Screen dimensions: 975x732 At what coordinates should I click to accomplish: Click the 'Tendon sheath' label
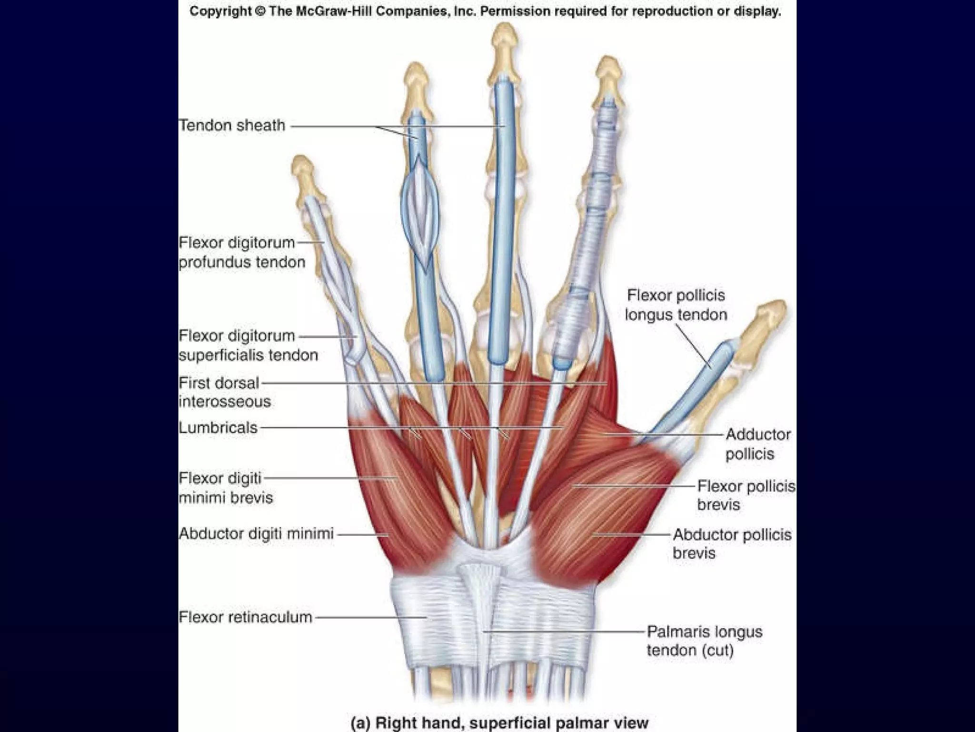point(232,125)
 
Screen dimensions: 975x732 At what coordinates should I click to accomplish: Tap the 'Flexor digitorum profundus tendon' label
point(241,252)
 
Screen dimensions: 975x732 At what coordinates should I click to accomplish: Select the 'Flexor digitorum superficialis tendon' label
point(248,345)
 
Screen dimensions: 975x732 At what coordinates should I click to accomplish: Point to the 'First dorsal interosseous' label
point(224,392)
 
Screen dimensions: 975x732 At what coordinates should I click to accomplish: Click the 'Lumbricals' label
point(218,427)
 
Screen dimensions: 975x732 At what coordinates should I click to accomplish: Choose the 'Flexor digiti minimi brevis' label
point(226,488)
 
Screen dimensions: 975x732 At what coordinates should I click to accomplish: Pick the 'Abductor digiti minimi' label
point(256,533)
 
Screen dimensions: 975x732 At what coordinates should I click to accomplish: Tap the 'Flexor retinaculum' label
point(245,617)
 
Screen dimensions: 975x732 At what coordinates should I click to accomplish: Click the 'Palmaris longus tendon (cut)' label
point(704,641)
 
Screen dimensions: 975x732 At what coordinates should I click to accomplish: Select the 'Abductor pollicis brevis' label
point(732,544)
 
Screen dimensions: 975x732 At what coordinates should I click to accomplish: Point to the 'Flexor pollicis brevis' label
point(746,495)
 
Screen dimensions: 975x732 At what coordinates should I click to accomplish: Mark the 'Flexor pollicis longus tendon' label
point(676,305)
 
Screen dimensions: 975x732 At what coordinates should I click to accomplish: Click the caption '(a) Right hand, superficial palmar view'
point(499,722)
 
